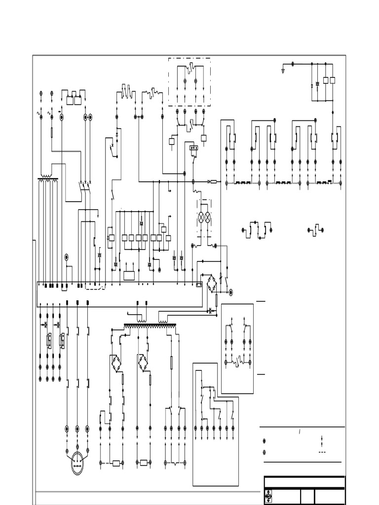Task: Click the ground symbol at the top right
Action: pos(282,71)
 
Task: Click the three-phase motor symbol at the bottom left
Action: pos(77,463)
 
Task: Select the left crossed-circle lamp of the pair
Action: pos(201,216)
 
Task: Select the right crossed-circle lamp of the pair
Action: pos(208,216)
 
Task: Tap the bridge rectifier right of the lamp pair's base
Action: pos(212,284)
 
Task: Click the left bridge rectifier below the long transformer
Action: pos(116,363)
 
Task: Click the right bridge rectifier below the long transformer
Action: pos(144,363)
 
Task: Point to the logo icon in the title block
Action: pos(269,496)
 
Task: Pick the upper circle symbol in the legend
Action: pos(265,441)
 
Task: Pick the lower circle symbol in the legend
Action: pos(265,452)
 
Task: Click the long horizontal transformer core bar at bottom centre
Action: pos(150,325)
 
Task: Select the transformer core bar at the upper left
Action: pos(48,179)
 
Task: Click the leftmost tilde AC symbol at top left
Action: pos(39,113)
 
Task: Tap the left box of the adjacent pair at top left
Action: pos(70,100)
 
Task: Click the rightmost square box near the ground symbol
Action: pos(333,80)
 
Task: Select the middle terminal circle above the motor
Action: pos(77,429)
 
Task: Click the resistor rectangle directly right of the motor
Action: pos(116,463)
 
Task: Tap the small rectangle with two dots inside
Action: pos(194,147)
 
